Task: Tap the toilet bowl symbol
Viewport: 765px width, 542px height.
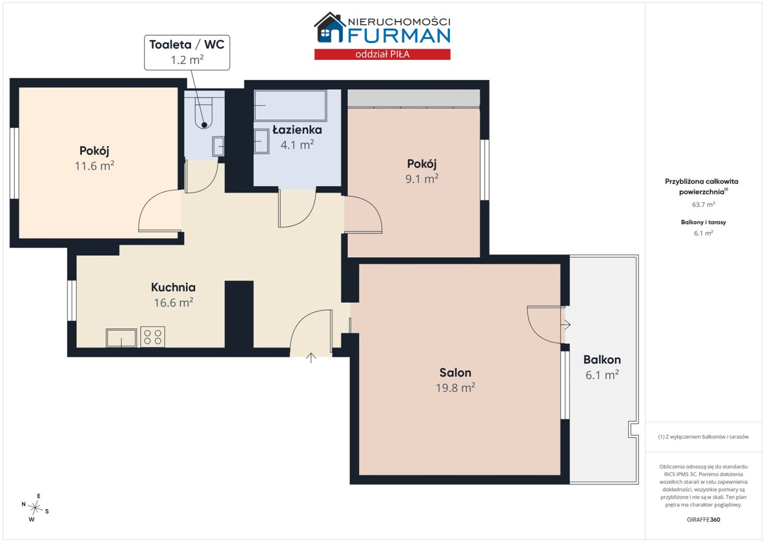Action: [204, 113]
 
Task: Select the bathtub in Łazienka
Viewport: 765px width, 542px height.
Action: [290, 105]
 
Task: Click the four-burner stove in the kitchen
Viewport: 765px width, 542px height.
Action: [152, 337]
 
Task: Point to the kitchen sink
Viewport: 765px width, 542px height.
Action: [121, 338]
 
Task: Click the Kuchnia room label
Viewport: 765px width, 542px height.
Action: [173, 287]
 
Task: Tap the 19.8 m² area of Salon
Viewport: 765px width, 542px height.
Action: [455, 388]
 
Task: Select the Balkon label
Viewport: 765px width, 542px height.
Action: [602, 360]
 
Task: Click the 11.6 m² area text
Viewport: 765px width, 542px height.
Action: [94, 166]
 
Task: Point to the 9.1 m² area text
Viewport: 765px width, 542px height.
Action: [422, 179]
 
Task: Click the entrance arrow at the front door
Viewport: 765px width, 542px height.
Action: [311, 358]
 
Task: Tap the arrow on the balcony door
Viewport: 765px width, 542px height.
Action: [565, 324]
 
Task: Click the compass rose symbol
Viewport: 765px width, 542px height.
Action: [35, 508]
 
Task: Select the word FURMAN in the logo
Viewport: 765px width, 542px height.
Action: [399, 35]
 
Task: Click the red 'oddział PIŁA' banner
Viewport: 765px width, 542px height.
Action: [382, 54]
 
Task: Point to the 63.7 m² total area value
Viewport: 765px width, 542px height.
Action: [703, 205]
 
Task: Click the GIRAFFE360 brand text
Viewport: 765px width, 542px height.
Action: [703, 519]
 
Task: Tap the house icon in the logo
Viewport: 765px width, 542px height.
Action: [329, 28]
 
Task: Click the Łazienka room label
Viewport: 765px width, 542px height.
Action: [297, 130]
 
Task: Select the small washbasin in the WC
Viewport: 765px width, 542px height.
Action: [218, 146]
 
